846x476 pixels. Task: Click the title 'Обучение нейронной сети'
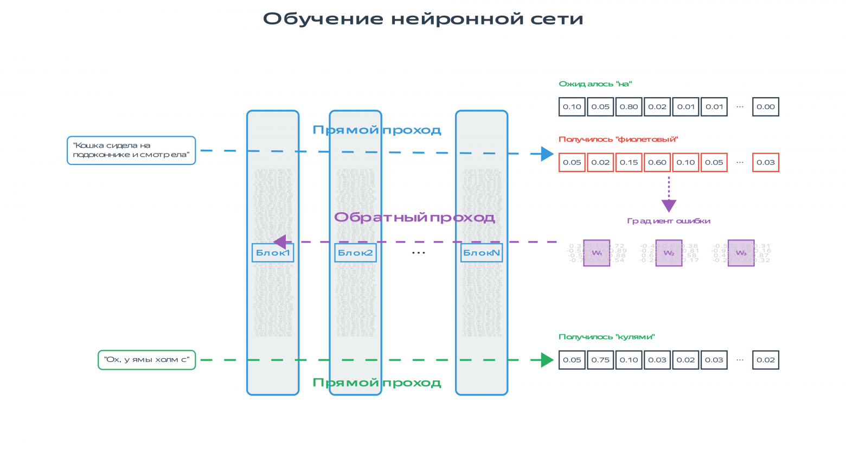pyautogui.click(x=423, y=19)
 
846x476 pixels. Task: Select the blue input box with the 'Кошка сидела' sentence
pyautogui.click(x=131, y=150)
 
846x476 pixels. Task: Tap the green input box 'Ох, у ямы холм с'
pyautogui.click(x=146, y=360)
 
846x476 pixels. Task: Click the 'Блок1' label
pyautogui.click(x=273, y=253)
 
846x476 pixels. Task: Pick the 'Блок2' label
pyautogui.click(x=355, y=253)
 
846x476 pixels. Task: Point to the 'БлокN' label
pyautogui.click(x=482, y=253)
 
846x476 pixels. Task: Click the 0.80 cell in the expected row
pyautogui.click(x=629, y=107)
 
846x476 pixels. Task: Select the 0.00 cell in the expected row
pyautogui.click(x=766, y=107)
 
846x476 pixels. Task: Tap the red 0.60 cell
pyautogui.click(x=657, y=162)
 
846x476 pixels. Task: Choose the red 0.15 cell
pyautogui.click(x=629, y=162)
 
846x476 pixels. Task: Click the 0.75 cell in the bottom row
pyautogui.click(x=600, y=360)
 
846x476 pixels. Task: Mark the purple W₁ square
pyautogui.click(x=597, y=253)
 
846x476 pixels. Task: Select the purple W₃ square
pyautogui.click(x=741, y=253)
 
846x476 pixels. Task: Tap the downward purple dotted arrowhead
pyautogui.click(x=669, y=206)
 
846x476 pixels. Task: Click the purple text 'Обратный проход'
pyautogui.click(x=414, y=218)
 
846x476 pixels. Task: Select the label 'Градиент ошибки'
pyautogui.click(x=669, y=221)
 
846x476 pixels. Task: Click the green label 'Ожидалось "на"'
pyautogui.click(x=595, y=84)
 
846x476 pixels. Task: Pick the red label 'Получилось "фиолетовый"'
pyautogui.click(x=618, y=139)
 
